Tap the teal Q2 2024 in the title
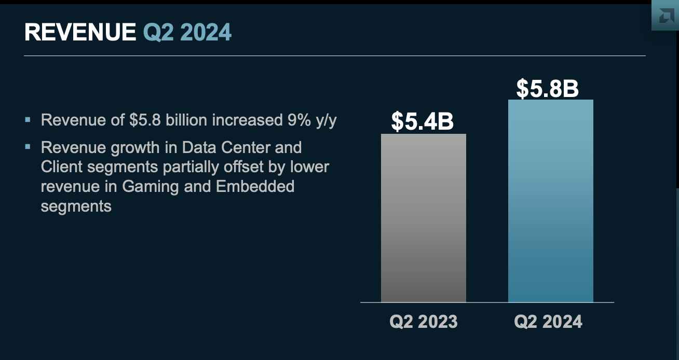[x=187, y=33]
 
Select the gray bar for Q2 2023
[x=423, y=218]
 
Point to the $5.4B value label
[x=423, y=121]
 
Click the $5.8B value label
[x=547, y=88]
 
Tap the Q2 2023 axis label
[x=424, y=322]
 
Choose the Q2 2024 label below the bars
[x=548, y=322]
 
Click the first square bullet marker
[x=28, y=120]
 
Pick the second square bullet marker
[x=28, y=147]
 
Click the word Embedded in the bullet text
[x=255, y=187]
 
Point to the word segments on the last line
[x=76, y=206]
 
